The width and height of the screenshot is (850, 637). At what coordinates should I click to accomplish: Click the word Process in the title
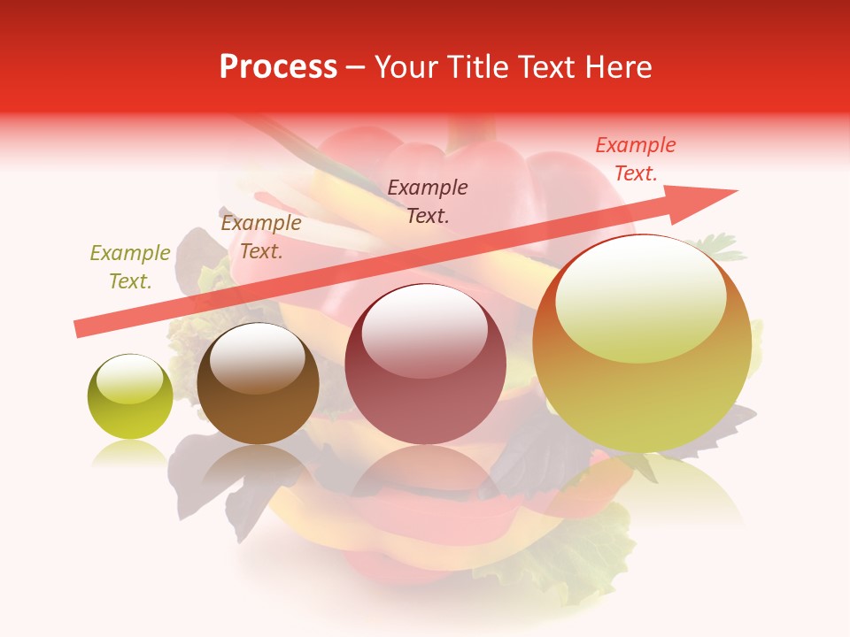tap(278, 67)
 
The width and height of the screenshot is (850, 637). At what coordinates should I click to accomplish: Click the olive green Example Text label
tap(130, 267)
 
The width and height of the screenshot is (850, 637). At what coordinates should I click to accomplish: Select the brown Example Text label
tap(260, 237)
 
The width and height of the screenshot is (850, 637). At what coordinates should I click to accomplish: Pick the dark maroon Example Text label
tap(428, 201)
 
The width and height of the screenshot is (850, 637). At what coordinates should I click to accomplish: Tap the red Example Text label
tap(636, 159)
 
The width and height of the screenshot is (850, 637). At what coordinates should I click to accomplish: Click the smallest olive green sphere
tap(130, 396)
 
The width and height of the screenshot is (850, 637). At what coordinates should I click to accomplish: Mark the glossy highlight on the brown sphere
tap(258, 358)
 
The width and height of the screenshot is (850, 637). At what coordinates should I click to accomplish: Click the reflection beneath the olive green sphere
tap(129, 453)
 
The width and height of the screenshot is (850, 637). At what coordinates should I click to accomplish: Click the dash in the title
tap(355, 68)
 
